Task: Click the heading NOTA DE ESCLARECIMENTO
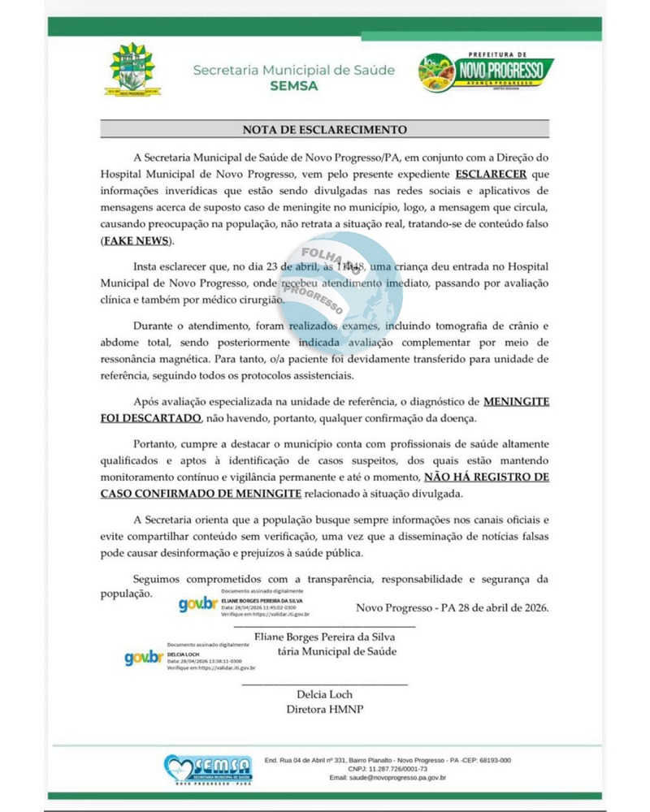325,129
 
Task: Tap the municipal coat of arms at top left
132,70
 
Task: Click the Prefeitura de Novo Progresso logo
486,72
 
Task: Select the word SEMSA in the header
294,86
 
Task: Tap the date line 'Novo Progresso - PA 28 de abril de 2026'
453,607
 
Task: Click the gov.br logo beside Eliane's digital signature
198,604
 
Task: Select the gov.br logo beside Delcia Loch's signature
145,658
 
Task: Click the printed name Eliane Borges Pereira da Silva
325,637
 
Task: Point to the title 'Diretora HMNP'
325,709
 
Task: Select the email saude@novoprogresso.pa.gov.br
387,778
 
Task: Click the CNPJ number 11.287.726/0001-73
388,769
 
